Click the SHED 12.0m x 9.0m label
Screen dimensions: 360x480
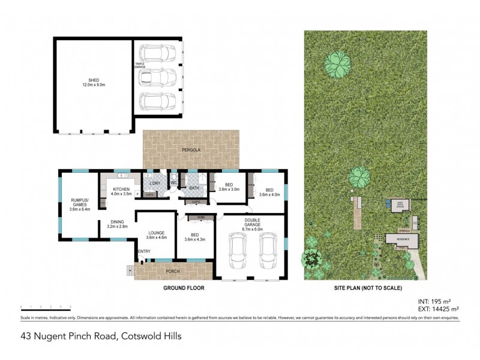tap(94, 83)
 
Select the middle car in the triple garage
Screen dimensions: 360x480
tap(158, 77)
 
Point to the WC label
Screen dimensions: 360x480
tap(173, 182)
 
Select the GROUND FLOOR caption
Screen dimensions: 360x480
tap(184, 289)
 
